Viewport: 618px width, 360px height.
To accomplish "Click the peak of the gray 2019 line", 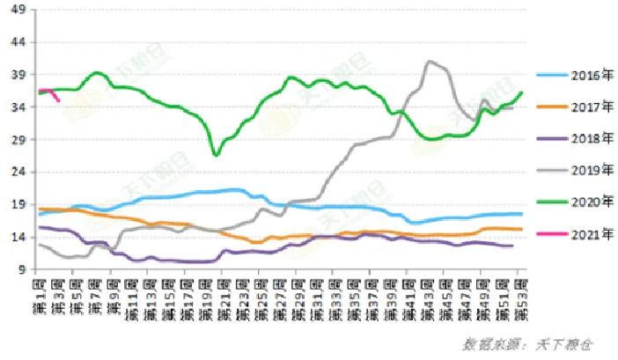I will click(430, 62).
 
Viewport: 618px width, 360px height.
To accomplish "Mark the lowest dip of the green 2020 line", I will click(216, 154).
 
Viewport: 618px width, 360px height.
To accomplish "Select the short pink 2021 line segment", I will click(49, 92).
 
